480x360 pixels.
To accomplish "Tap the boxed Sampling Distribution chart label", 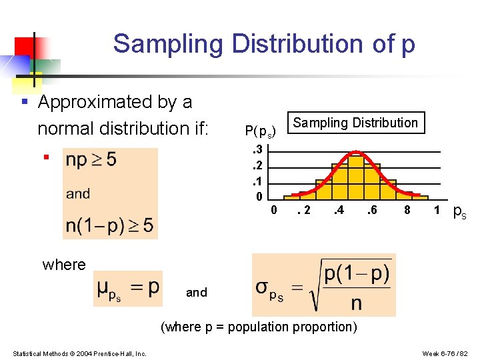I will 355,123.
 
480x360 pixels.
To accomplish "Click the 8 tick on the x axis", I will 407,211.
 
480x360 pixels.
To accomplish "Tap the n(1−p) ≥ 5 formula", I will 109,225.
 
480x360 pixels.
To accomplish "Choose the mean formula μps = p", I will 128,289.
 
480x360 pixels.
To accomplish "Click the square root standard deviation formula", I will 323,285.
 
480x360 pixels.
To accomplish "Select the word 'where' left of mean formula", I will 64,265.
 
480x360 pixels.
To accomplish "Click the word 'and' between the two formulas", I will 197,292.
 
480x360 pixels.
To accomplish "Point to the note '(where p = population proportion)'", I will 259,327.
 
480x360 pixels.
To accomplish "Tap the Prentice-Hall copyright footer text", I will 79,353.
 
